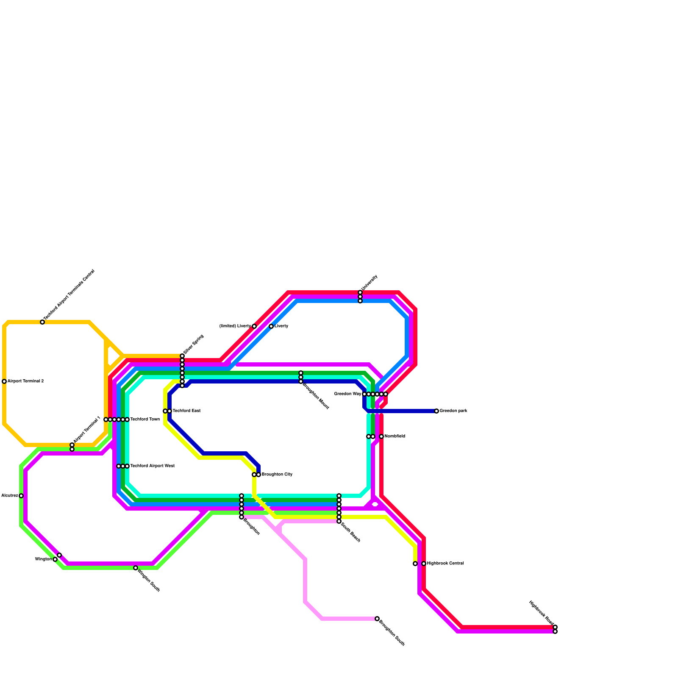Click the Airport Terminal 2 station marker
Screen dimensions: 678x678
4,381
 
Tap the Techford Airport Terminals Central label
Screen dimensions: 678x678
69,295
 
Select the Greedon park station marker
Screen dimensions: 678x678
436,411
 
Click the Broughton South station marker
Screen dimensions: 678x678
377,619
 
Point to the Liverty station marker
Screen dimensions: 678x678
271,326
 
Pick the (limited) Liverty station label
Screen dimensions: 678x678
235,326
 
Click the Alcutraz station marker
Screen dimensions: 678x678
21,496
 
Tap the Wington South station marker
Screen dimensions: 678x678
136,568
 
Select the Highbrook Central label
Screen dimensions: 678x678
445,564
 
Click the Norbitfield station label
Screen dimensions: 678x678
395,436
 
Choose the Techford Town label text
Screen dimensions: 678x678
145,420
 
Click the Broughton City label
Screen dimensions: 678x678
277,475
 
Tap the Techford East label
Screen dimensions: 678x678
186,411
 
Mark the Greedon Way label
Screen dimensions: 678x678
347,394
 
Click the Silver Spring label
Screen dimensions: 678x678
194,345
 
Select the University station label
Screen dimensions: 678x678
369,283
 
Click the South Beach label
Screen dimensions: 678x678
350,532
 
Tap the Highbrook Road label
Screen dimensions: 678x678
541,613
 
